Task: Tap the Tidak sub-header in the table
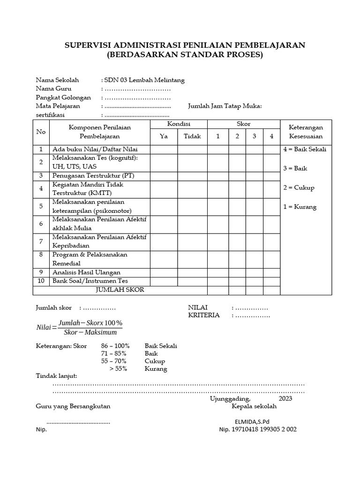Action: coord(192,136)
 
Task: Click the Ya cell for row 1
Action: coord(164,149)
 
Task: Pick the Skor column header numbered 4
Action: coord(271,136)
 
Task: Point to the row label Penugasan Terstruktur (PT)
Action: coord(93,175)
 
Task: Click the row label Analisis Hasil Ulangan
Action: coord(86,272)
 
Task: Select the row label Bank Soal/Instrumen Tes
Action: coord(90,281)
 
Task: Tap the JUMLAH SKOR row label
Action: coord(120,290)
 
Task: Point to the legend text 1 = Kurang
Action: coord(300,207)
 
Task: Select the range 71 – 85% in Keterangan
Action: coord(113,353)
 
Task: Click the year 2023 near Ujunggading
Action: coord(285,398)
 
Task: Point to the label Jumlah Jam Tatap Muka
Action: coord(225,106)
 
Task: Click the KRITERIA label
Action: coord(204,315)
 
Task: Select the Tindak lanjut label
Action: coord(57,376)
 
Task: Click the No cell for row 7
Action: coord(41,241)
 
